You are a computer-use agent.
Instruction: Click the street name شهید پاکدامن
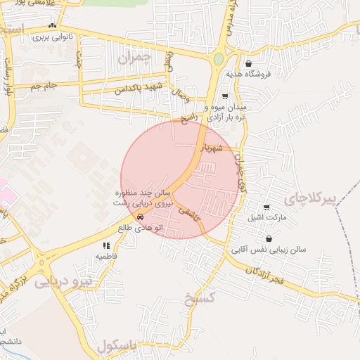point(136,88)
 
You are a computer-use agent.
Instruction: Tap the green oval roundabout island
point(219,59)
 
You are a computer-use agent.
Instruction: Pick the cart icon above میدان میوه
point(225,96)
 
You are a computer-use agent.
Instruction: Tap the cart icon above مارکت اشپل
point(266,207)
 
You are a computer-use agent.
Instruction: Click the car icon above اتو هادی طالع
point(139,217)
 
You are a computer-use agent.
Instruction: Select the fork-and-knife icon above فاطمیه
point(106,245)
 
